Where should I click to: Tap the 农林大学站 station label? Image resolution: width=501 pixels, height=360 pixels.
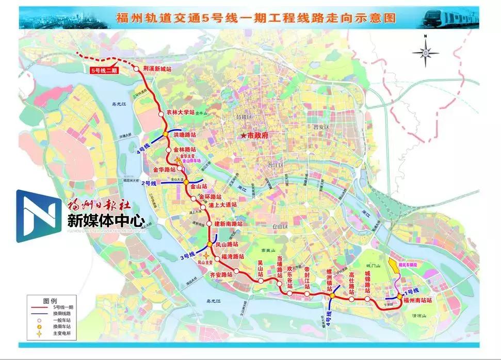(x=181, y=112)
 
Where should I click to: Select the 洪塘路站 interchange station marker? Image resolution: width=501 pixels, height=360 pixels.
(x=165, y=134)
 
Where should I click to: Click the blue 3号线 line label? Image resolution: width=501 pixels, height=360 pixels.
(x=187, y=255)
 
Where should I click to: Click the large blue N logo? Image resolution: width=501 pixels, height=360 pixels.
(x=37, y=216)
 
